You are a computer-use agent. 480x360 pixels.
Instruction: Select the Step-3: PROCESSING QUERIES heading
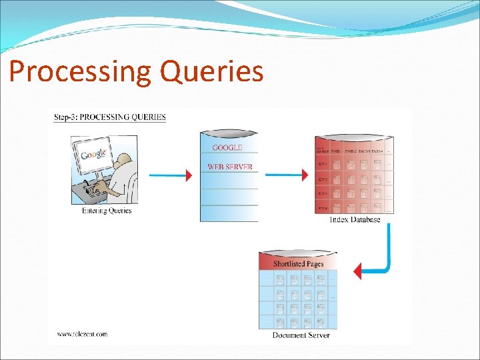click(109, 117)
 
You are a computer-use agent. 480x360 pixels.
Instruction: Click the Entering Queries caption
click(107, 211)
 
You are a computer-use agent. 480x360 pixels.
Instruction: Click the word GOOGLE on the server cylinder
click(227, 148)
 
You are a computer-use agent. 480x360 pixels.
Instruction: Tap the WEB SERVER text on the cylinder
click(230, 167)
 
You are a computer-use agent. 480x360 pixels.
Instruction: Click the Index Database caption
click(355, 219)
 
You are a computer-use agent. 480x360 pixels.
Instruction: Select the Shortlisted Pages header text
click(298, 263)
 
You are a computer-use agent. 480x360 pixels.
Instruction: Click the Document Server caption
click(301, 335)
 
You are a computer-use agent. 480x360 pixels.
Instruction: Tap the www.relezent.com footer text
click(82, 334)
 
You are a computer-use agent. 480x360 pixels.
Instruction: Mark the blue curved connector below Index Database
click(385, 253)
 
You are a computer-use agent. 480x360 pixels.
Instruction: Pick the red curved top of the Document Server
click(298, 253)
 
